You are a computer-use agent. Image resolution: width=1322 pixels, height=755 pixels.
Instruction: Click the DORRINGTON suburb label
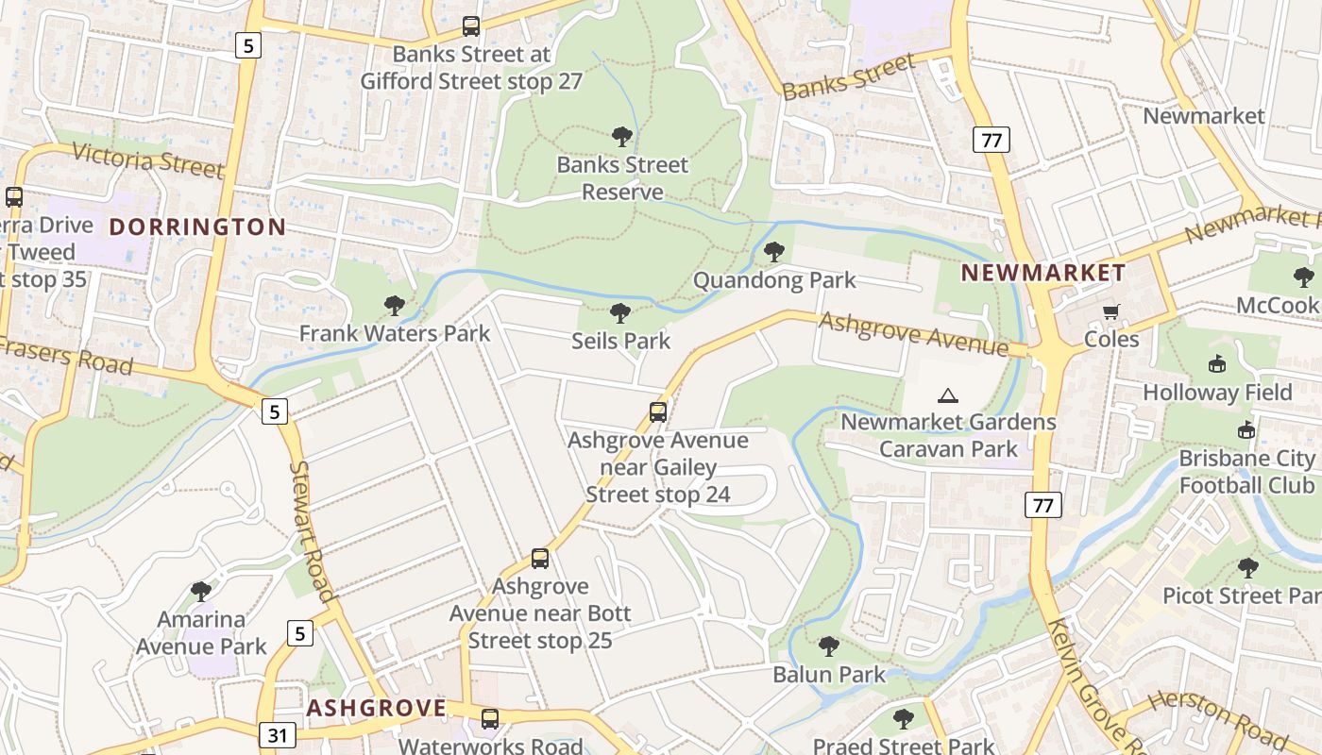click(197, 226)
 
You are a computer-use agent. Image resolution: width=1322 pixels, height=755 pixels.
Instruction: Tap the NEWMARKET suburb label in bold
click(1043, 274)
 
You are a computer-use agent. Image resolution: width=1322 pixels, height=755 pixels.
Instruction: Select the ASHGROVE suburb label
click(376, 708)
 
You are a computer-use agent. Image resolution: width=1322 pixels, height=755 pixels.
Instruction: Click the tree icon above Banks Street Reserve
click(621, 137)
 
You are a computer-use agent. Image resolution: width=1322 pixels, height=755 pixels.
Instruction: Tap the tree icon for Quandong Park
click(774, 252)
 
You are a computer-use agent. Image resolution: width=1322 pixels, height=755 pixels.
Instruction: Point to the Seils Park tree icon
click(620, 312)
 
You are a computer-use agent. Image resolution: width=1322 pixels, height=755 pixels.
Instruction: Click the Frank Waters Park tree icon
click(395, 305)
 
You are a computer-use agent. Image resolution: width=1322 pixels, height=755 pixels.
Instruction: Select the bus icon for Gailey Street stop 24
click(658, 412)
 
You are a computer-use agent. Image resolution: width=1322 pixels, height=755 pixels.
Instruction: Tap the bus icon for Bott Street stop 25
click(540, 559)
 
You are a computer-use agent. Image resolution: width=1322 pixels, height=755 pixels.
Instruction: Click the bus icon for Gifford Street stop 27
click(471, 26)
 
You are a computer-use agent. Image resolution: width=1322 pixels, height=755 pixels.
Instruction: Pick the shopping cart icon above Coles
click(1111, 311)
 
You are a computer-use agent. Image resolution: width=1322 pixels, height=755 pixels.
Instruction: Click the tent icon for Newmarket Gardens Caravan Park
click(948, 394)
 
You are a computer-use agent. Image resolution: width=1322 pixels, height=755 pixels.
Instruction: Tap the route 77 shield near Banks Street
click(991, 141)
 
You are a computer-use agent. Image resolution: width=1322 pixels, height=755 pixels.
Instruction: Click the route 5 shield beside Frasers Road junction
click(273, 411)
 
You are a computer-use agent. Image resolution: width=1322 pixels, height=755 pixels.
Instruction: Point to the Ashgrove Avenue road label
click(913, 334)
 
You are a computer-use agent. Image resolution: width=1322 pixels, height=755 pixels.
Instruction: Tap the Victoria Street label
click(148, 160)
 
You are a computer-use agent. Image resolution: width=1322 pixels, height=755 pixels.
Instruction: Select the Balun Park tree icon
click(829, 646)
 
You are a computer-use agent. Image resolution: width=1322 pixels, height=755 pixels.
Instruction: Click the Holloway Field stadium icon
click(1217, 364)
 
